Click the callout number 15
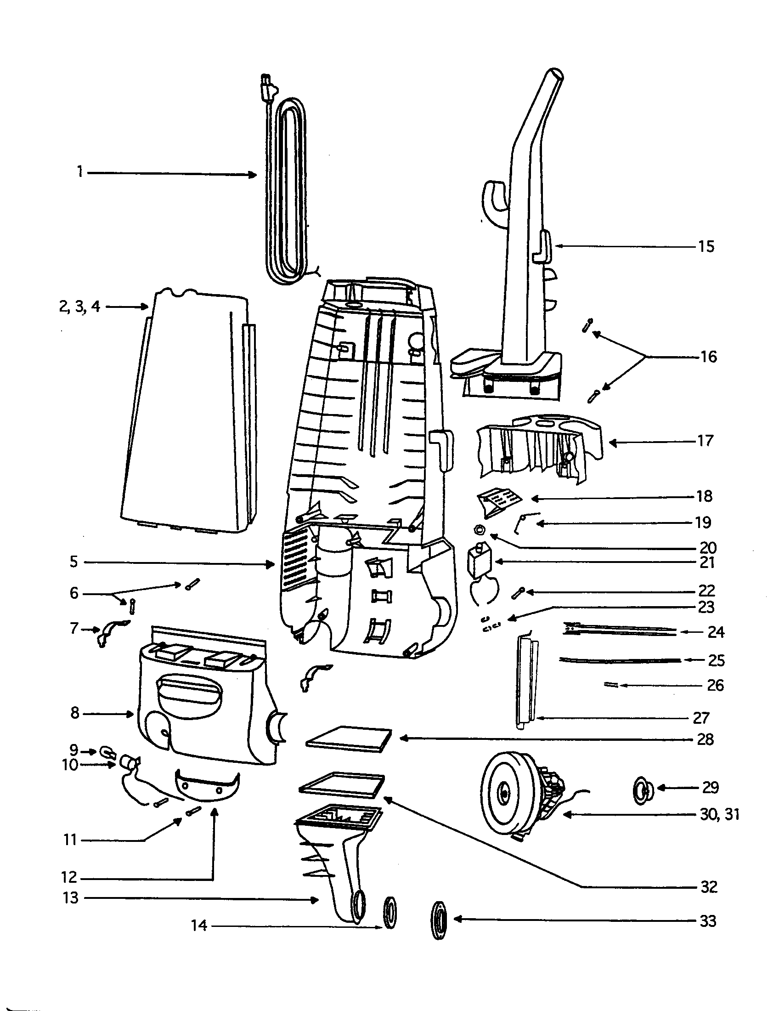(706, 246)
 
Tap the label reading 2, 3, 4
(79, 307)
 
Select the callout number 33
(708, 921)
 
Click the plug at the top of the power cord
(267, 86)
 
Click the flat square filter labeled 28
(349, 738)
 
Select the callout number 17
(705, 441)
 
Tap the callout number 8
(75, 713)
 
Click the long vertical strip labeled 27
(526, 681)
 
